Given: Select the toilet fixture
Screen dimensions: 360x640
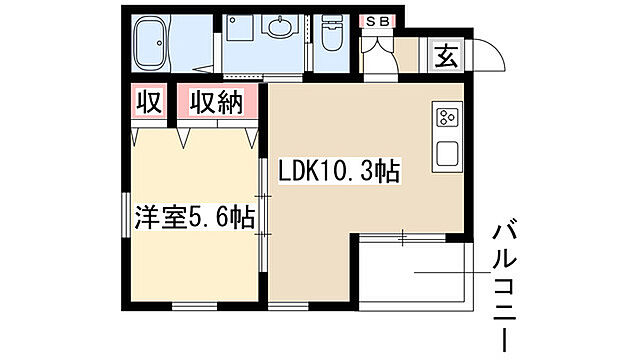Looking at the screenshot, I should pyautogui.click(x=331, y=36).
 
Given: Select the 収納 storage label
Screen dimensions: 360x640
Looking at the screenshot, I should pyautogui.click(x=217, y=103).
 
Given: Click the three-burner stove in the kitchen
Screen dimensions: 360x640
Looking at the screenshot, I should pyautogui.click(x=446, y=118).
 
